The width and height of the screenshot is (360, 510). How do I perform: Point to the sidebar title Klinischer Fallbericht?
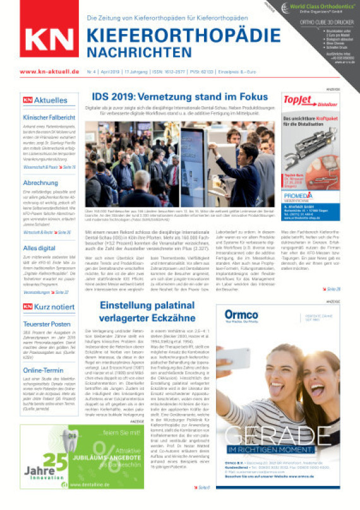(49, 118)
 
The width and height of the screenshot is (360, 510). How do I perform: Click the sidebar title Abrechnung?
(40, 183)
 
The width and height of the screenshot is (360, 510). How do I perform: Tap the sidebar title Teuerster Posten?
(46, 324)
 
